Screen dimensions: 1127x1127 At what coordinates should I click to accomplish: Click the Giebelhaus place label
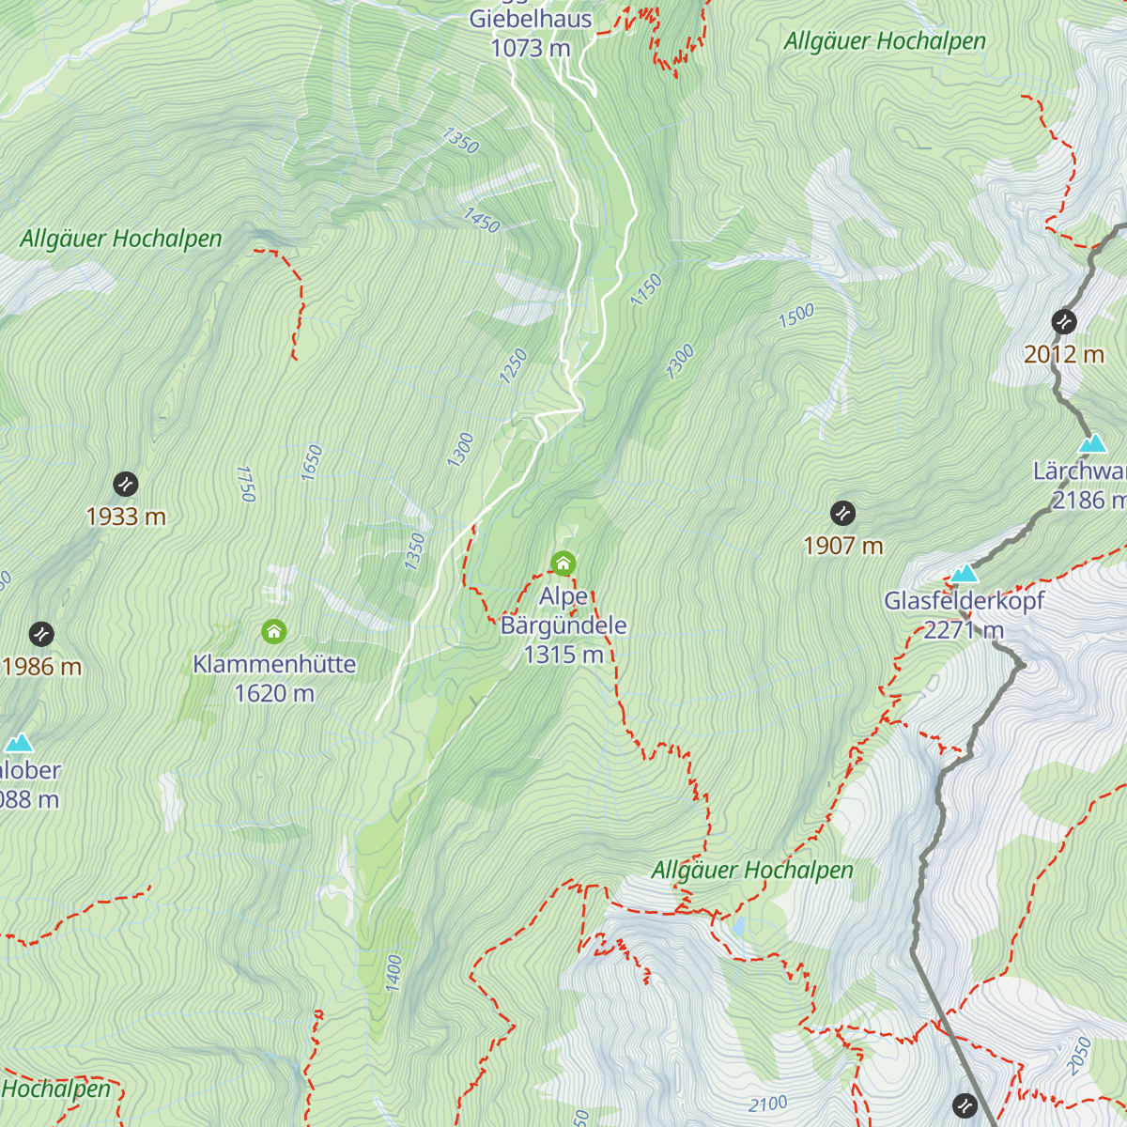pos(531,19)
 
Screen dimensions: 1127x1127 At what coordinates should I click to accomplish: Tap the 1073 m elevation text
pos(531,48)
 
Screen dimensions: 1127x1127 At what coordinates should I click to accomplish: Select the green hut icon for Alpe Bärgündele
pos(563,563)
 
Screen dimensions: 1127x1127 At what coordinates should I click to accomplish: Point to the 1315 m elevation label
pos(563,655)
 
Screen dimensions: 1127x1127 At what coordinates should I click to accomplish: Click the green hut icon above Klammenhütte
pos(273,631)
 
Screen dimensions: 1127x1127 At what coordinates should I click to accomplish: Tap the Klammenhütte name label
pos(274,664)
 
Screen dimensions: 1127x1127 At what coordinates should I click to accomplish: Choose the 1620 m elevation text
pos(274,693)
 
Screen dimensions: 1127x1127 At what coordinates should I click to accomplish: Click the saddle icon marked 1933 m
pos(126,485)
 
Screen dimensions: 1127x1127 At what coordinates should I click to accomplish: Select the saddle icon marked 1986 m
pos(41,634)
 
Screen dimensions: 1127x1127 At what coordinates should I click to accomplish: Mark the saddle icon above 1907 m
pos(843,513)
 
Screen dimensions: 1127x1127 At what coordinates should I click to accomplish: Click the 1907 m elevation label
pos(843,546)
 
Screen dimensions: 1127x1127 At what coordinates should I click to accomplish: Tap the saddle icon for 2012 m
pos(1064,322)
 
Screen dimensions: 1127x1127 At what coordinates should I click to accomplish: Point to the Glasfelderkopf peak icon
pos(964,574)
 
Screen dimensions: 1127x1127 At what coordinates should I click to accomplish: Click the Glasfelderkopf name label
pos(964,601)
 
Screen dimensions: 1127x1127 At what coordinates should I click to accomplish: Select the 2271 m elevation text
pos(964,630)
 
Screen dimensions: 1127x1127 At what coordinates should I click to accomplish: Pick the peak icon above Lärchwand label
pos(1091,443)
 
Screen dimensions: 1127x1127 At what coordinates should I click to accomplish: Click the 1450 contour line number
pos(481,221)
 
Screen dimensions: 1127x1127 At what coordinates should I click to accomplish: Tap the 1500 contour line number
pos(796,316)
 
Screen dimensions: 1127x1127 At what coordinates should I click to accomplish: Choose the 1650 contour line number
pos(312,463)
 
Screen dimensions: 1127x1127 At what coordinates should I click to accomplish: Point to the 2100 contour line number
pos(768,1104)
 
